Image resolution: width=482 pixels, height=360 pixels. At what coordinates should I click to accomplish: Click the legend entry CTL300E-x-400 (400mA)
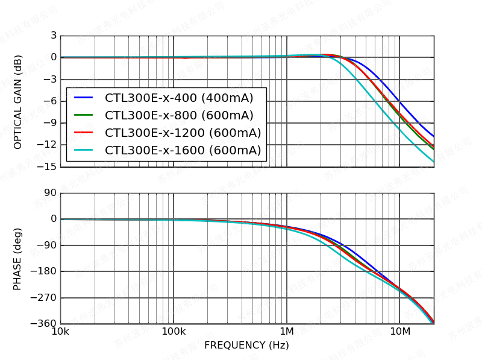[179, 98]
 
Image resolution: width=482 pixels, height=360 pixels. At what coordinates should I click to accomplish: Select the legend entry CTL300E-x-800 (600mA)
[179, 115]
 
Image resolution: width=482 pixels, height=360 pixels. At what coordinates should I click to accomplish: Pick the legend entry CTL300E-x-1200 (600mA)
[183, 133]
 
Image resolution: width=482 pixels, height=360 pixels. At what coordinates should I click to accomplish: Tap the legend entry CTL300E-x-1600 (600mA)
[183, 150]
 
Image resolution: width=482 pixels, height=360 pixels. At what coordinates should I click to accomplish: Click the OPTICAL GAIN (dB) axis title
[18, 101]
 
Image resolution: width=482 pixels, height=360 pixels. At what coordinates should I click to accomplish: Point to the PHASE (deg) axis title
[18, 259]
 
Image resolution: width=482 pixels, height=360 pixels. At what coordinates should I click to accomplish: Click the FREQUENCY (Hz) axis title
[246, 346]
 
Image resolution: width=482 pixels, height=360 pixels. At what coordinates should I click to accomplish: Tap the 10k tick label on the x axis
[60, 332]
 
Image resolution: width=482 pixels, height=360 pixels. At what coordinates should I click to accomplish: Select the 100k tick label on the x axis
[174, 332]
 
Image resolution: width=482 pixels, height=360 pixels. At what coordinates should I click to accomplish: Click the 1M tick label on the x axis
[287, 332]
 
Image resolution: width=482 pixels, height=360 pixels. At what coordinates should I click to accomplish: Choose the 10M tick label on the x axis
[399, 332]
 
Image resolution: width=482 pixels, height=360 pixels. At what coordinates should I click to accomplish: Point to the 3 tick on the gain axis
[54, 36]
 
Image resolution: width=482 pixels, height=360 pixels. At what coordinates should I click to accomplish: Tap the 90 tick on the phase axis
[51, 193]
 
